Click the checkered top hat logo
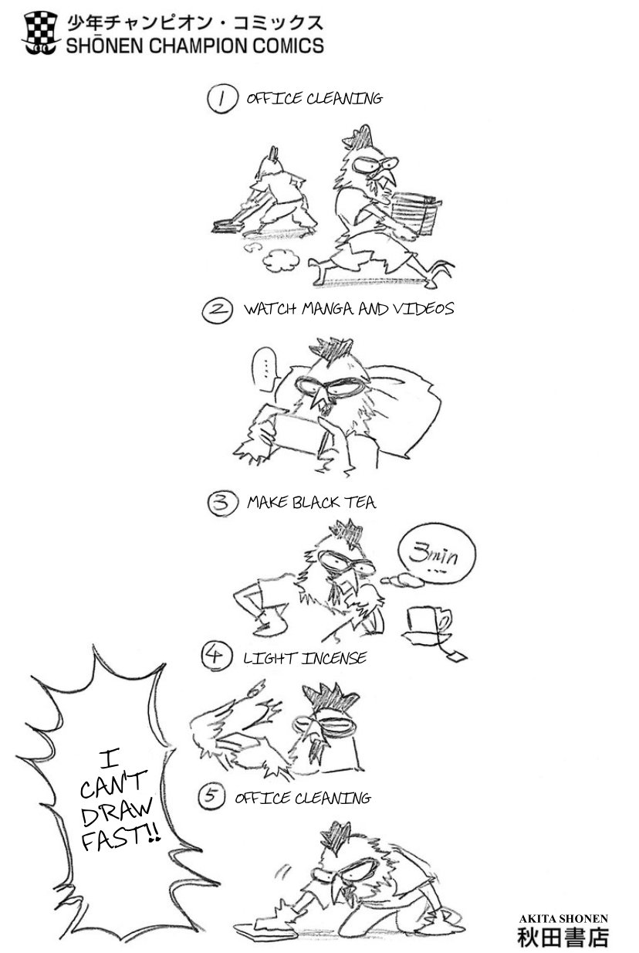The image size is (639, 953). (39, 33)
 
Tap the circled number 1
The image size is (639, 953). (221, 99)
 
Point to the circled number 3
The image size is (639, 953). (222, 503)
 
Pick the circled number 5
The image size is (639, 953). (211, 795)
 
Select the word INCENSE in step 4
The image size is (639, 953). (334, 659)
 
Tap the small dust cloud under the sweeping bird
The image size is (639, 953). (280, 260)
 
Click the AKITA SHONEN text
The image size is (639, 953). (563, 918)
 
